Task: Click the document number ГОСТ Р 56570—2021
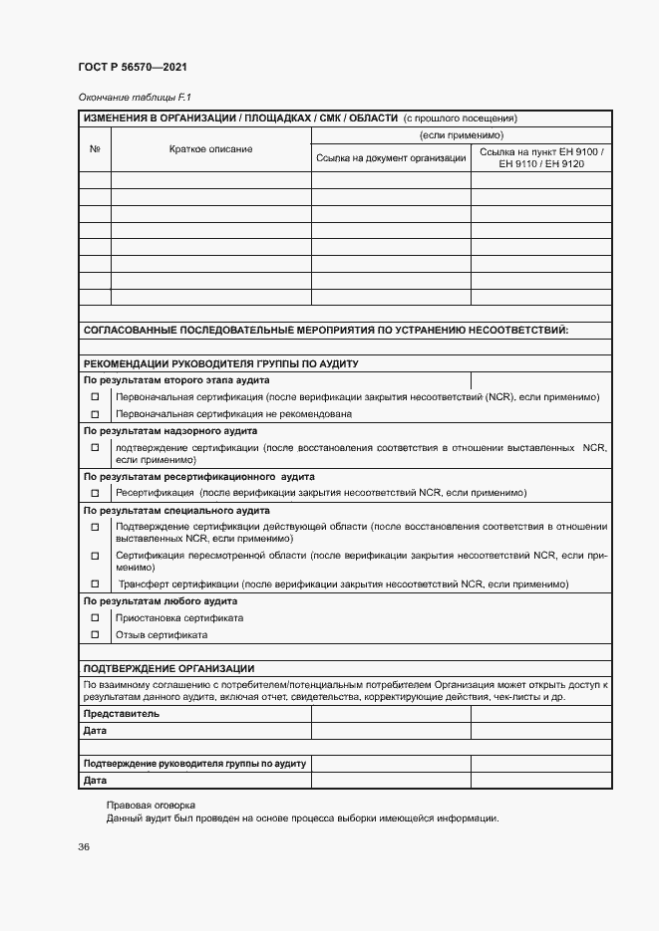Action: coord(132,67)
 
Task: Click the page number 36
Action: coord(84,847)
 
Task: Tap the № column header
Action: coord(95,149)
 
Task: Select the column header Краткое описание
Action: coord(210,149)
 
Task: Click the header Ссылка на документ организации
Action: coord(391,157)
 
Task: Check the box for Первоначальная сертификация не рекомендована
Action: coord(96,414)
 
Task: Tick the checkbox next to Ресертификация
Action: coord(96,493)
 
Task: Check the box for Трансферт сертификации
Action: coord(96,584)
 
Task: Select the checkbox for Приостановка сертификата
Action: coord(96,618)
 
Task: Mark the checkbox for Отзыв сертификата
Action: coord(96,634)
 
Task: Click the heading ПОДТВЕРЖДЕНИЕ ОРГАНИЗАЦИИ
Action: coord(168,669)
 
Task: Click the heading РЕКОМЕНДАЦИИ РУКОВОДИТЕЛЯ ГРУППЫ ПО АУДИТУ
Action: coord(220,363)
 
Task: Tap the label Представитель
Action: coord(121,714)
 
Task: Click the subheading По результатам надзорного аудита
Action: coord(170,431)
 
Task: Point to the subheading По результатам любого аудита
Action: coord(160,601)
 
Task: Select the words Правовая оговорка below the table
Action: coord(151,805)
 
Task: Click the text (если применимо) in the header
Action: coord(461,134)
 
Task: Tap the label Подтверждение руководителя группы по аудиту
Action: coord(194,764)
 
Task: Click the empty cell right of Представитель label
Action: coord(391,714)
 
